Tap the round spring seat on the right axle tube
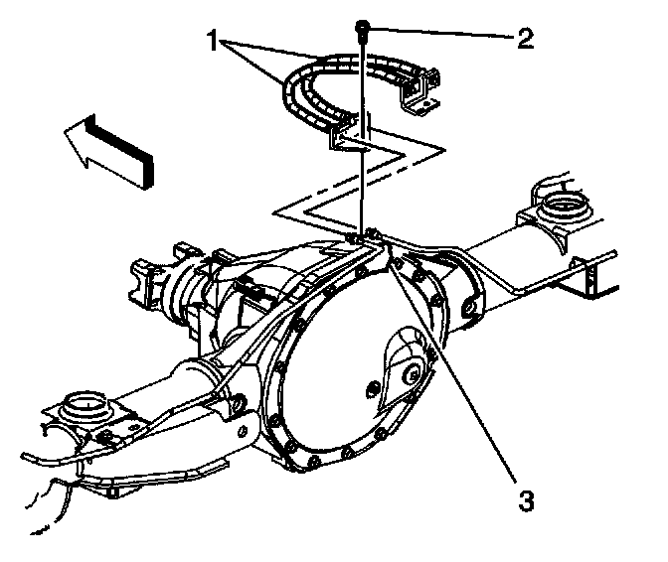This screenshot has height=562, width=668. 562,206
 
